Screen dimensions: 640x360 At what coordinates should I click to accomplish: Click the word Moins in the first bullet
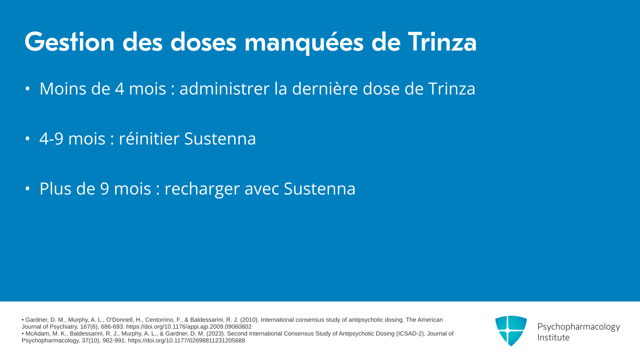point(63,89)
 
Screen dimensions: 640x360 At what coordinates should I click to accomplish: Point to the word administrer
point(224,89)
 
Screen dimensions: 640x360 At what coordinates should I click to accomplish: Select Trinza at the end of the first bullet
point(452,89)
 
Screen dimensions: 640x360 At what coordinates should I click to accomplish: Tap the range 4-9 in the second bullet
point(51,139)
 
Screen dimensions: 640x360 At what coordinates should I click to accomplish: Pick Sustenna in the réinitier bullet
point(220,139)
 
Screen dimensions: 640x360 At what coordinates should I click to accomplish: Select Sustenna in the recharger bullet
point(320,189)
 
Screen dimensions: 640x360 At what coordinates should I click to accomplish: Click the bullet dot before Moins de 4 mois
point(27,89)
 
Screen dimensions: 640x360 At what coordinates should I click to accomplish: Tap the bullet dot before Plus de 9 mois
point(27,189)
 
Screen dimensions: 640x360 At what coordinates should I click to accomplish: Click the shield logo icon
point(511,331)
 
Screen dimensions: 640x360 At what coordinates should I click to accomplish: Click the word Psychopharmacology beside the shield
point(579,327)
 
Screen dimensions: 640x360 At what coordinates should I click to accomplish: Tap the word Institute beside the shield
point(553,338)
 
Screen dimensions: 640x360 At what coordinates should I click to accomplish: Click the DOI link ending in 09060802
point(189,327)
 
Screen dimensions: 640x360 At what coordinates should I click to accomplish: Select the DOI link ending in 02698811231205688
point(186,341)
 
